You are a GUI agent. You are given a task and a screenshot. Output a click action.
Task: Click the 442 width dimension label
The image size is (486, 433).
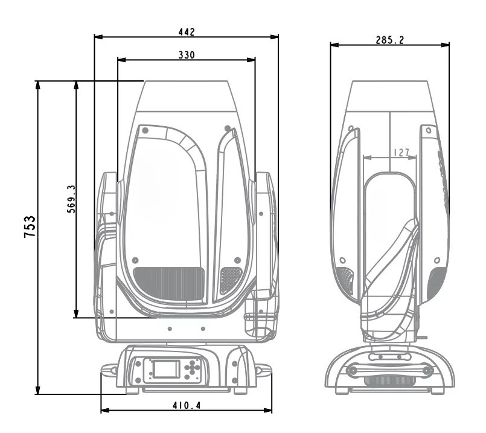[x=187, y=31]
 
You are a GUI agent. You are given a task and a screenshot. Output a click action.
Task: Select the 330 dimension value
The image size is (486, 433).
[x=186, y=54]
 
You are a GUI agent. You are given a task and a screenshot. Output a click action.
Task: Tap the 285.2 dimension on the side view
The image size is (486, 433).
[x=389, y=39]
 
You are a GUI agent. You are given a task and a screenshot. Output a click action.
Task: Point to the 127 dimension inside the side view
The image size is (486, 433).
[x=390, y=153]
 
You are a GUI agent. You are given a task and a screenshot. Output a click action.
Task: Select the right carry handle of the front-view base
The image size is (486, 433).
[x=263, y=370]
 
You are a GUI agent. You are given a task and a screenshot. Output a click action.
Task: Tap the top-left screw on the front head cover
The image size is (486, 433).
[x=145, y=129]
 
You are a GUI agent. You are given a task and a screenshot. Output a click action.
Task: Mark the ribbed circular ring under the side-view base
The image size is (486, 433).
[x=389, y=381]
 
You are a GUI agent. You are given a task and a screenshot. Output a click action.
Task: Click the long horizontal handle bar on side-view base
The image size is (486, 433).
[x=389, y=370]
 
